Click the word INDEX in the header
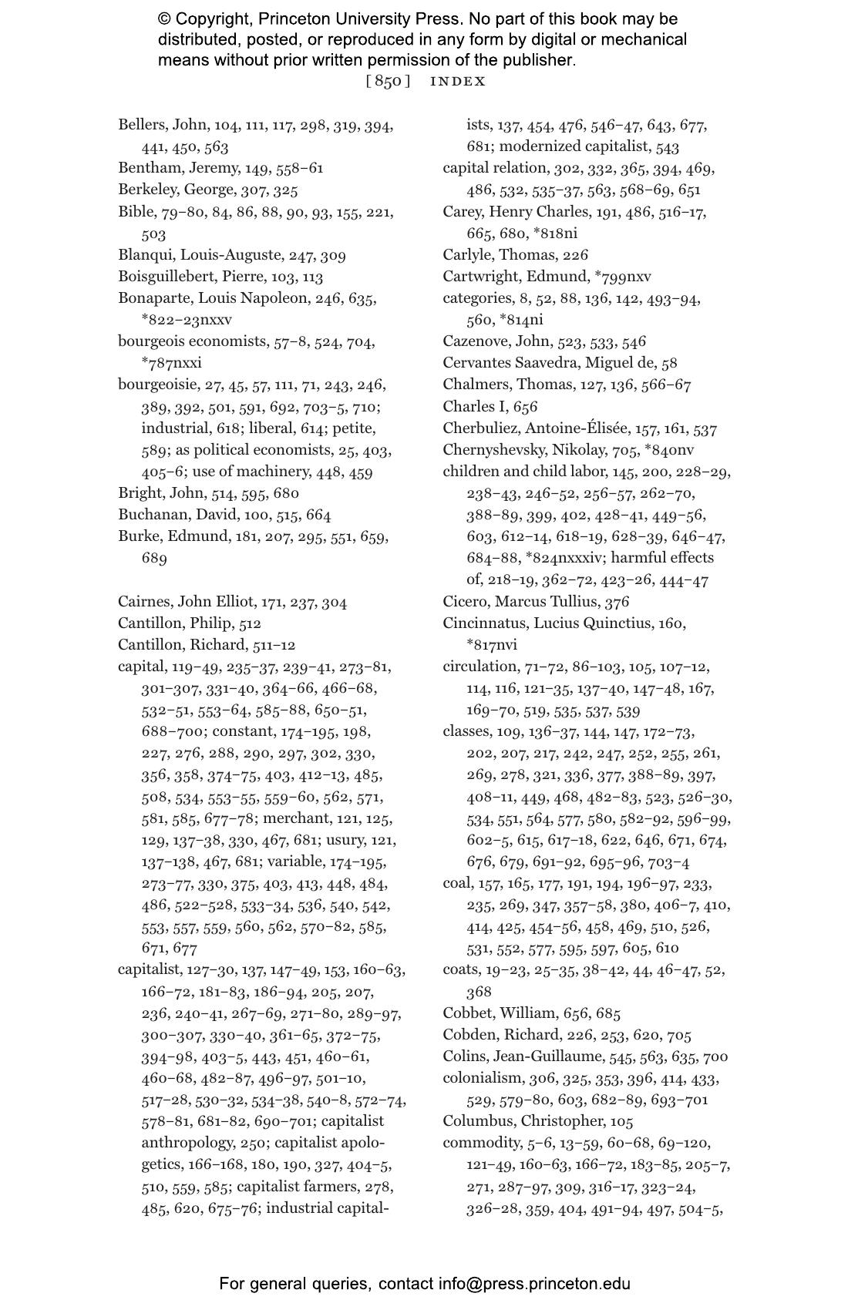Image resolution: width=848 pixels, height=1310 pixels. click(458, 81)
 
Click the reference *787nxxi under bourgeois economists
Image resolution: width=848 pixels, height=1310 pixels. click(171, 363)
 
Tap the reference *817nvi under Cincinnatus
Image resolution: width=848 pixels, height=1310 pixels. click(492, 645)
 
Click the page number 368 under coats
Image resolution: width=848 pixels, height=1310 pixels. click(479, 992)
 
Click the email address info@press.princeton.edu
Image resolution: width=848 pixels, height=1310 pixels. click(535, 1284)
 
